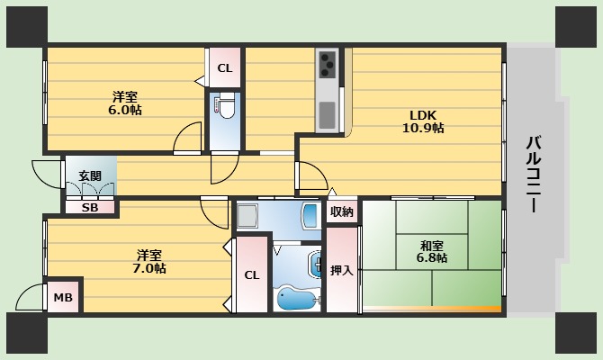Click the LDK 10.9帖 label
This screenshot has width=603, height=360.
coord(423,121)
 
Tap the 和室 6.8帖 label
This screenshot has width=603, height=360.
coord(431,251)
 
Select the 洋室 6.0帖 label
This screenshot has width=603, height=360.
coord(125,103)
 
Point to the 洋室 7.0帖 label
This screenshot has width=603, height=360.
coord(149,261)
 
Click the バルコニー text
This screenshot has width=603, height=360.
coord(534,174)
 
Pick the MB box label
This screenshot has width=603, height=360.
coord(63,297)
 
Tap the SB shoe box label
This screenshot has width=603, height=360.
coord(90,208)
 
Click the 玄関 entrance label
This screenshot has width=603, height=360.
coord(90,176)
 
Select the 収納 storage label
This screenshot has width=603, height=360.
coord(342,211)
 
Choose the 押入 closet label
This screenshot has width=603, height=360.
coord(341,270)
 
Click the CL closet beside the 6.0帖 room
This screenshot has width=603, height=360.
coord(225,68)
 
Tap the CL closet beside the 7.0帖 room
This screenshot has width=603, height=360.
coord(252,275)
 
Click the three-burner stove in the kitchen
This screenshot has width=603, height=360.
coord(328,64)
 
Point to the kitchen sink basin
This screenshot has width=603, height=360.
coord(327,115)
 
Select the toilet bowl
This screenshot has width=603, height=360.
coord(226,107)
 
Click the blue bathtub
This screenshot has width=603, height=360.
coord(298,298)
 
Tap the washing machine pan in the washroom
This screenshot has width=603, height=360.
coord(247,216)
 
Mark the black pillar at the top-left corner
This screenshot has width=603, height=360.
coord(27,27)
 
